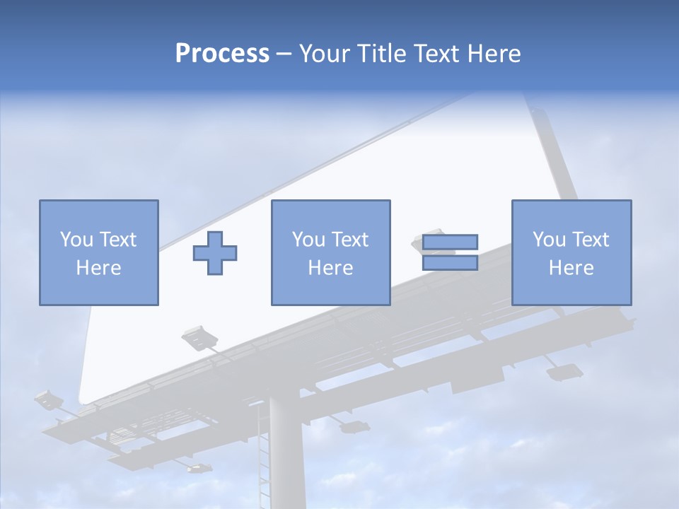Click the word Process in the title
click(222, 54)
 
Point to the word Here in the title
click(493, 54)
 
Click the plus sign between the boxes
click(215, 252)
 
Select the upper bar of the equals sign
click(450, 242)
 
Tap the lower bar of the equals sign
click(450, 262)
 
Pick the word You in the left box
click(76, 240)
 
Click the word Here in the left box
click(98, 268)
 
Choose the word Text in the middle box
click(349, 240)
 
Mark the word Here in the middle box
click(330, 268)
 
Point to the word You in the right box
click(549, 240)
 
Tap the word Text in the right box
click(590, 240)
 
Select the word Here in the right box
click(571, 268)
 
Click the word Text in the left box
click(117, 240)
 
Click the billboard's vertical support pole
click(286, 452)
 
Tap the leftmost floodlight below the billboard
click(48, 400)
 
